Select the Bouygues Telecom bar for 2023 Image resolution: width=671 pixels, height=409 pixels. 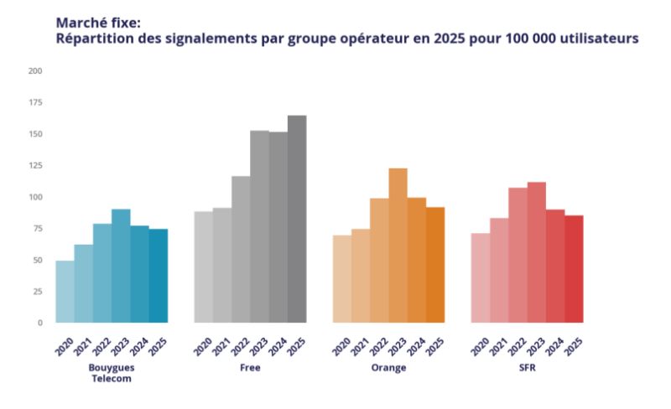point(121,267)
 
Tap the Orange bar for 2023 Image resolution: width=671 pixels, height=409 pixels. point(398,246)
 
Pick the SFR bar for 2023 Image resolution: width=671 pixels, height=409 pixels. point(536,252)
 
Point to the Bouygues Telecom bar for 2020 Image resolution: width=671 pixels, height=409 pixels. point(65,292)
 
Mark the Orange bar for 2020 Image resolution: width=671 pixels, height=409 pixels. point(341,279)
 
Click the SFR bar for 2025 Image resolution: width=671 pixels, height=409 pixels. point(574,269)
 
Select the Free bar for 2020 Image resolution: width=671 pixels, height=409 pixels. point(203,267)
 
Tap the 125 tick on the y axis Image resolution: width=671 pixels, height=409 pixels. point(34,166)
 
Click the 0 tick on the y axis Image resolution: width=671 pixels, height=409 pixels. point(39,323)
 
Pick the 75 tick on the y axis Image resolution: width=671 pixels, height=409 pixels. point(36,229)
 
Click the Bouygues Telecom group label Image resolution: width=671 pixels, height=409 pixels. point(111,373)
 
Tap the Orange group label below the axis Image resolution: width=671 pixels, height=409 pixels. point(389,368)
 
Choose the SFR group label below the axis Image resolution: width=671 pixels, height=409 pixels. point(527,368)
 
